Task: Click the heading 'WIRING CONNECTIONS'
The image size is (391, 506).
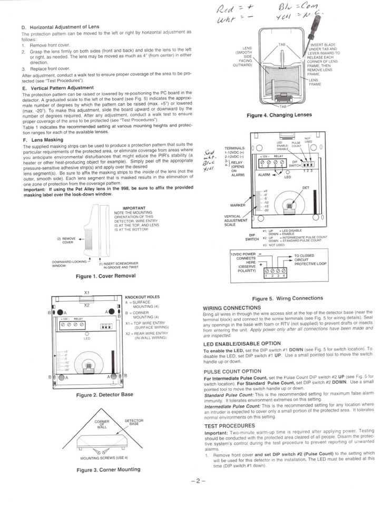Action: (x=231, y=308)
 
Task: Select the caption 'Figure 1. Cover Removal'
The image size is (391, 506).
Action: (x=105, y=276)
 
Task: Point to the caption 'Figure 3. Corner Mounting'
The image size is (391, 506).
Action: (x=108, y=469)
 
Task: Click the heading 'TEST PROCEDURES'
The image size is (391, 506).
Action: (x=230, y=425)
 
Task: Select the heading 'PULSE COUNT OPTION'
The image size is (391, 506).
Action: (x=232, y=372)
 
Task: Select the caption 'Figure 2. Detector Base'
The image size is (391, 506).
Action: (x=105, y=394)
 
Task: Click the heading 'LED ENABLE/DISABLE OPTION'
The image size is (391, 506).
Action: (x=242, y=343)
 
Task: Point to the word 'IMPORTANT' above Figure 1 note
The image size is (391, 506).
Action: (x=133, y=208)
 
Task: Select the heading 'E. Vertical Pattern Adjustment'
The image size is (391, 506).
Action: (x=58, y=87)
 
